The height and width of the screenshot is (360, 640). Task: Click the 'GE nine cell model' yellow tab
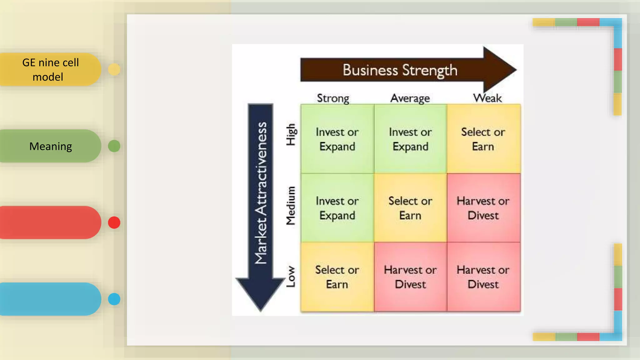[x=50, y=69]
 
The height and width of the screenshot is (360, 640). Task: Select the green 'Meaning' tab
[x=50, y=146]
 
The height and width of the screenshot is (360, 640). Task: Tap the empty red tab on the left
[x=50, y=222]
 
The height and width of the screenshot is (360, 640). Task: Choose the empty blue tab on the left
[x=50, y=299]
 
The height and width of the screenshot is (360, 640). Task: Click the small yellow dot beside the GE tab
[x=114, y=69]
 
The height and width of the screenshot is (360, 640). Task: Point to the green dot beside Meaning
[x=114, y=146]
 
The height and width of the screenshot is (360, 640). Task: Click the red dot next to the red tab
[x=114, y=222]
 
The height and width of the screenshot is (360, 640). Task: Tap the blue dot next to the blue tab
[x=114, y=299]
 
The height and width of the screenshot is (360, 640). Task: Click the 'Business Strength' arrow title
[x=400, y=70]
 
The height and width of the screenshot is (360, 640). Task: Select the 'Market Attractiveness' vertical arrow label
[x=261, y=193]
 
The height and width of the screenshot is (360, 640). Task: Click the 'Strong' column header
[x=333, y=98]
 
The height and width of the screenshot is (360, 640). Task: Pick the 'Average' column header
[x=410, y=98]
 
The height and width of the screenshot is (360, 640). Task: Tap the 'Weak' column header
[x=487, y=98]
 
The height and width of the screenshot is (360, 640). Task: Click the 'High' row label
[x=291, y=134]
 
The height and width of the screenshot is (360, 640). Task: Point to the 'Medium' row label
[x=291, y=206]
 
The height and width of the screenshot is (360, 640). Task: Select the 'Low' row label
[x=291, y=277]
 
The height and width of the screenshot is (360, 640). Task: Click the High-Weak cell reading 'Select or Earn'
[x=483, y=139]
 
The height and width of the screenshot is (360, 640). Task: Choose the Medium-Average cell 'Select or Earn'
[x=410, y=208]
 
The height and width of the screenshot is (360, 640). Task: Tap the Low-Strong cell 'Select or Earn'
[x=337, y=277]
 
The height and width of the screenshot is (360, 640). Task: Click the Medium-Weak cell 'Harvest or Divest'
[x=483, y=208]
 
